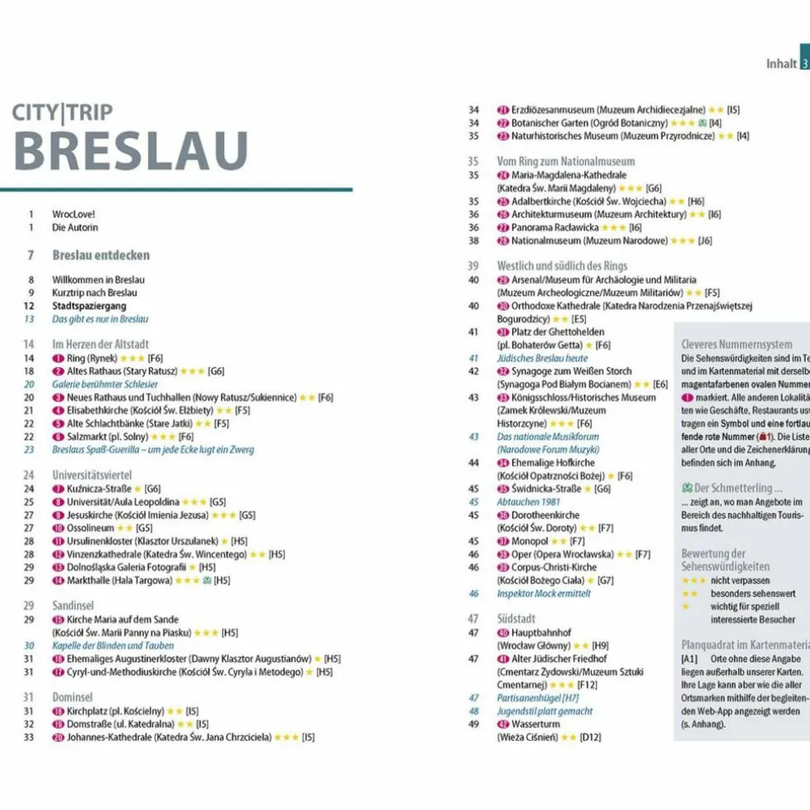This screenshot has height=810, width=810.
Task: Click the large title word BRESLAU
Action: (x=132, y=151)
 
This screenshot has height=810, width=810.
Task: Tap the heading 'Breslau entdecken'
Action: (x=100, y=255)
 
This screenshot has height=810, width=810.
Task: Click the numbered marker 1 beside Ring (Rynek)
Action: (x=58, y=358)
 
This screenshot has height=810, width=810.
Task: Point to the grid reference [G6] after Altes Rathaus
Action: (x=216, y=371)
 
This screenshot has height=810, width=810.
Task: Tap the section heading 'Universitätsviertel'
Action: (x=92, y=475)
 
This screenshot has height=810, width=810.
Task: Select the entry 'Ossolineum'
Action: (x=91, y=528)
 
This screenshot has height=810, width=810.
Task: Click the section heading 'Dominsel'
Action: (x=72, y=696)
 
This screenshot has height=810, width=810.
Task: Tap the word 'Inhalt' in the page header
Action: (x=781, y=63)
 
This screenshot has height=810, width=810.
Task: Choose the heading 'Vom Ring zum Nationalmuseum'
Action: (x=566, y=161)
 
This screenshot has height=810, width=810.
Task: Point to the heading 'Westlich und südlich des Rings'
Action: (x=562, y=266)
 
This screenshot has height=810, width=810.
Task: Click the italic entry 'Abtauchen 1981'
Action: (x=528, y=501)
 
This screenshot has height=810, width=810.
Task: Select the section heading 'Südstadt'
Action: (x=516, y=618)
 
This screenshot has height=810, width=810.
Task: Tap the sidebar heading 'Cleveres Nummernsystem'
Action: (x=737, y=345)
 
